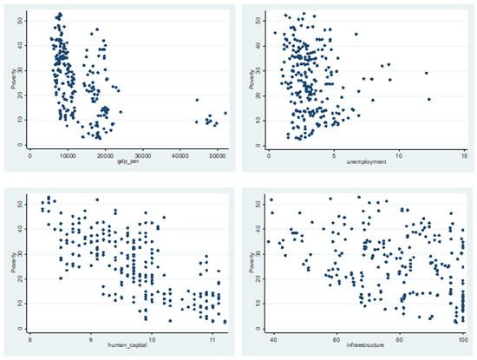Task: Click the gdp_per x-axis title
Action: point(127,160)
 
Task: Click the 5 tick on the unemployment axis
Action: point(334,153)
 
